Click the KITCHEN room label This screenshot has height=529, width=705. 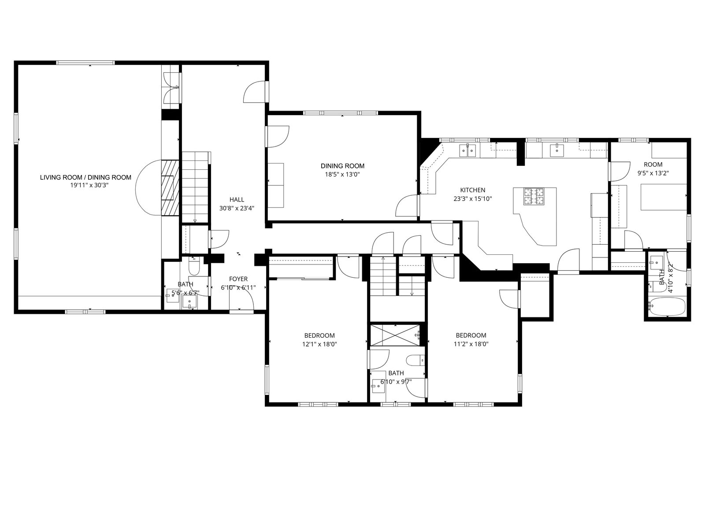click(472, 190)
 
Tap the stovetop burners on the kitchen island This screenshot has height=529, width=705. click(534, 197)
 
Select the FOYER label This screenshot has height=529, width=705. click(238, 279)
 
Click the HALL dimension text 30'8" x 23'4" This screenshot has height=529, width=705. click(237, 208)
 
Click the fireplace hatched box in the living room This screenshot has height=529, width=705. click(170, 188)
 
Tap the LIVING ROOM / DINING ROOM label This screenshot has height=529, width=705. click(85, 177)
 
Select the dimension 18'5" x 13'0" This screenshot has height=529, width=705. click(342, 175)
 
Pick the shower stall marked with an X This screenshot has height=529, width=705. click(395, 335)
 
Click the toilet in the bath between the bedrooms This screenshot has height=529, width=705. click(415, 360)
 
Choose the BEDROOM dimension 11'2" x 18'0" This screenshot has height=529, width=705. click(471, 344)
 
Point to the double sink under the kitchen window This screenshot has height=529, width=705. click(468, 150)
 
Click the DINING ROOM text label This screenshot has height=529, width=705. click(342, 166)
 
